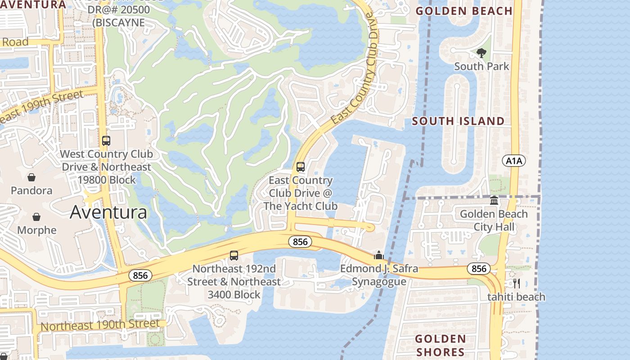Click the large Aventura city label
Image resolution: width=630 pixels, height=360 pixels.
108,212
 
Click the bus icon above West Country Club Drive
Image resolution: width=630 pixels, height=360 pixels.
106,141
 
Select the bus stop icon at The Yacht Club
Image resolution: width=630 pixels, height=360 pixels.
301,167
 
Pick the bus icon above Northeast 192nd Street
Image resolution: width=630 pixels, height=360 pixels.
234,256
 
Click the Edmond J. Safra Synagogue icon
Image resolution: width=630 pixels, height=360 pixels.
379,256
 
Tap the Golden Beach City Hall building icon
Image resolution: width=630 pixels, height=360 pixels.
494,200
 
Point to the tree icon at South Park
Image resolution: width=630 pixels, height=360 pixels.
481,53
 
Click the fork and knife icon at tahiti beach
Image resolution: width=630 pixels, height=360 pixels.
516,283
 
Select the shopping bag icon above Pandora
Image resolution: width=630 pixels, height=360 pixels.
31,177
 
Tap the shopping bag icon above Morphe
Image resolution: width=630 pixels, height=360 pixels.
36,217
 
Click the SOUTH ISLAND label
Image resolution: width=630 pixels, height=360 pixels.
458,121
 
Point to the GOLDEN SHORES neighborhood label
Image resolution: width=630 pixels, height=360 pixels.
440,345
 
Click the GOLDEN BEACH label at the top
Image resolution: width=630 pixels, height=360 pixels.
464,11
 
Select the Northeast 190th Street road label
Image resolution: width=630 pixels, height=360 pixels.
100,325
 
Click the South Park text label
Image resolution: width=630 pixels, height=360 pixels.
481,67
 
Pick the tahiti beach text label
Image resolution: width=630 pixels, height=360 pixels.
516,297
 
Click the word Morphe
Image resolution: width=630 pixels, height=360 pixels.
37,230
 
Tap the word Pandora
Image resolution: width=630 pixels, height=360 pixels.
31,190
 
